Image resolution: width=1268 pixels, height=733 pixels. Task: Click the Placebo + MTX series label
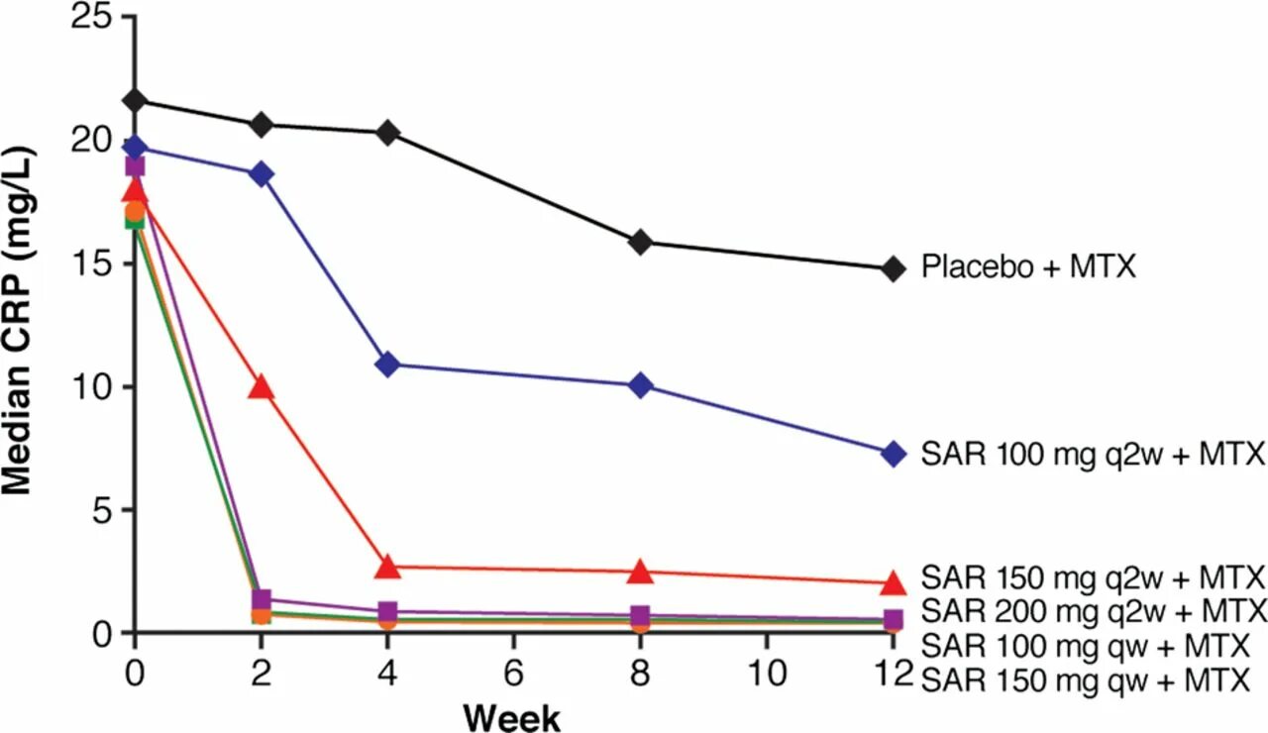coord(1028,267)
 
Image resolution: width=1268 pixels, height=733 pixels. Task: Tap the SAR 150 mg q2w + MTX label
coord(1094,576)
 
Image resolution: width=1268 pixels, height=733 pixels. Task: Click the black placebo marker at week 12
coord(894,267)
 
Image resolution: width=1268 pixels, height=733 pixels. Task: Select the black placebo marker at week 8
coord(641,242)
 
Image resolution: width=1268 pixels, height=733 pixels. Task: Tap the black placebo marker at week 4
coord(387,133)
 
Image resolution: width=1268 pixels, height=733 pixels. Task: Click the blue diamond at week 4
coord(387,365)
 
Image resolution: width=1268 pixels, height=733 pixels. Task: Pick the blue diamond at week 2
coord(262,174)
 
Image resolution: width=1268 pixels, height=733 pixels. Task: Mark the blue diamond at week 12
coord(894,454)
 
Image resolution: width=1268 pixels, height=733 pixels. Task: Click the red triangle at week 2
coord(262,387)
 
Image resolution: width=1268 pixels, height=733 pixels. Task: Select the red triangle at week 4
coord(387,568)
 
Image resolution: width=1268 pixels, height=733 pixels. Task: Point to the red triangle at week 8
coord(641,572)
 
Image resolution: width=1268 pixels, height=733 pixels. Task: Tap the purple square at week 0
coord(135,165)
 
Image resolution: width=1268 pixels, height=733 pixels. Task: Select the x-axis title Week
coord(512,715)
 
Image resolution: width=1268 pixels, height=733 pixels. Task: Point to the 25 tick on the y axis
coord(91,18)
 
